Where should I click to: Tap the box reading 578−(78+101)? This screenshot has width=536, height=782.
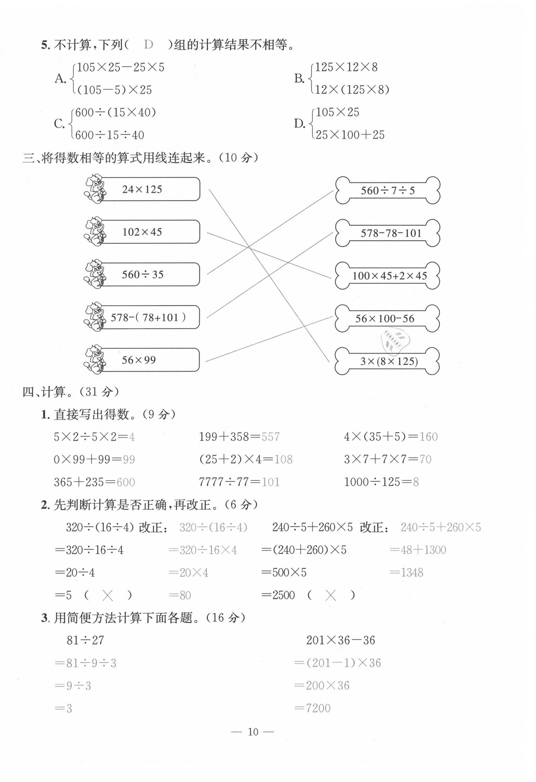click(x=148, y=317)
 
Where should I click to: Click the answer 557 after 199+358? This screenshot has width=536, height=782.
click(x=270, y=437)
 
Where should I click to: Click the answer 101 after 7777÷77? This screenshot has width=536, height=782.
click(x=270, y=482)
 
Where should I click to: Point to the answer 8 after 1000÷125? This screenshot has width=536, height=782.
click(x=416, y=482)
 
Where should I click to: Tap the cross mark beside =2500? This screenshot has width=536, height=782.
click(x=331, y=596)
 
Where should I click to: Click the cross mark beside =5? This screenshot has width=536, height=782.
click(x=108, y=596)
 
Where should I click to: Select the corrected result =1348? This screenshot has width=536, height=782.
click(x=406, y=572)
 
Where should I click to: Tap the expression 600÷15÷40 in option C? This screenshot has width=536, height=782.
click(x=110, y=135)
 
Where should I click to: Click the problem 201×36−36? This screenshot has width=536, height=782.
click(x=340, y=640)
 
